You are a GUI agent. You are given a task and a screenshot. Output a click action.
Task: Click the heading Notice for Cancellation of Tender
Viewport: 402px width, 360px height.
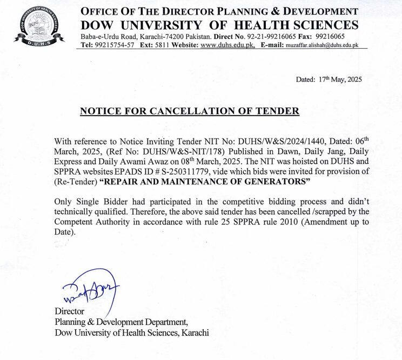189,111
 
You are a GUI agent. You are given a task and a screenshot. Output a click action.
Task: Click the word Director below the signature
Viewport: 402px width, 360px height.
69,311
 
